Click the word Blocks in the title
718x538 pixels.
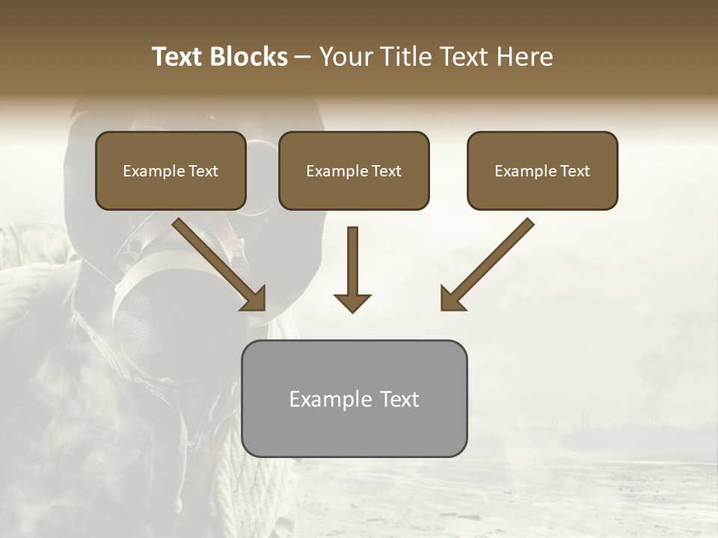pos(249,57)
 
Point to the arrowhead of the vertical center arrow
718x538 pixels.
pos(352,303)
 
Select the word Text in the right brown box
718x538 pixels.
pos(575,171)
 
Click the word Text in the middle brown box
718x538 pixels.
pos(387,171)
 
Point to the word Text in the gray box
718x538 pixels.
pos(399,399)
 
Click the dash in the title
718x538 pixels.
pos(303,57)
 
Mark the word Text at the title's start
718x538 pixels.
pos(177,57)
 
